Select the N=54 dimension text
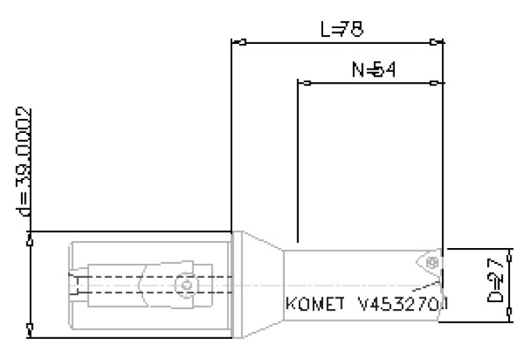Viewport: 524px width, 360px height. tap(373, 70)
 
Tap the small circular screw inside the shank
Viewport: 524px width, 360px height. tap(185, 286)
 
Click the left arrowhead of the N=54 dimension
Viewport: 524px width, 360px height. tap(307, 82)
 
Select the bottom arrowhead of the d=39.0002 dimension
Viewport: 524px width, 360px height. tap(30, 329)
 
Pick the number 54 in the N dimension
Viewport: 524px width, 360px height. tap(384, 70)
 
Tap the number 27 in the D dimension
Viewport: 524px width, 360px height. tap(493, 270)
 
